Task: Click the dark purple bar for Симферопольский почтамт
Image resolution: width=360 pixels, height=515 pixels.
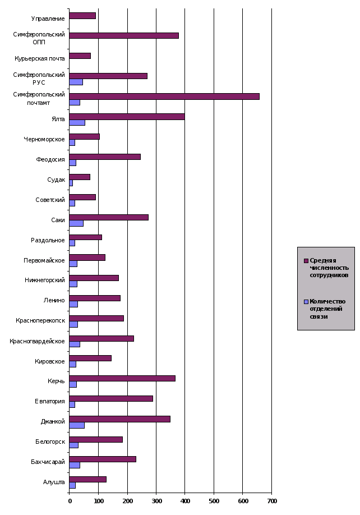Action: (x=164, y=96)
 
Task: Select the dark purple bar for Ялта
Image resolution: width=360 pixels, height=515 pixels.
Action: (x=127, y=117)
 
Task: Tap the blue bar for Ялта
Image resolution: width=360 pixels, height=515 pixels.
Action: (x=77, y=123)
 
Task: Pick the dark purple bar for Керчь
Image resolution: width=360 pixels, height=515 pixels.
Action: (x=122, y=378)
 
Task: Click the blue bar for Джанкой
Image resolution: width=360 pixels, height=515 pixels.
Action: (x=76, y=425)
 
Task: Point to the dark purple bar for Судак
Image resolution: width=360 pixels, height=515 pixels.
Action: (x=79, y=177)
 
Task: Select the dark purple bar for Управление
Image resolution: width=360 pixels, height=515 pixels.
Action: (x=82, y=16)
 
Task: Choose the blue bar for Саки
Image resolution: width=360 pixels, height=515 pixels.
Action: (x=76, y=223)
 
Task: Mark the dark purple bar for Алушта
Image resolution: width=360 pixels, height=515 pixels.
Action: (x=87, y=479)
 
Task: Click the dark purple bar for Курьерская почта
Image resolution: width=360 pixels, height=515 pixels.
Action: (x=80, y=56)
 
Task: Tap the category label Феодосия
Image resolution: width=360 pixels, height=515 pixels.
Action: (x=51, y=159)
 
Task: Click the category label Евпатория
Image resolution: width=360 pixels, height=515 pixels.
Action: (x=51, y=402)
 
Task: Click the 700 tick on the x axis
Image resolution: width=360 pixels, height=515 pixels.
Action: (x=271, y=500)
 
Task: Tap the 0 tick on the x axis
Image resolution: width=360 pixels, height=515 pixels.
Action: (x=70, y=500)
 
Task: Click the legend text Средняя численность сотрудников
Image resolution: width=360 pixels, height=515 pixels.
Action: (x=329, y=268)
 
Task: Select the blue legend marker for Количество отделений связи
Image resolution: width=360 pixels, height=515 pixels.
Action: (x=306, y=302)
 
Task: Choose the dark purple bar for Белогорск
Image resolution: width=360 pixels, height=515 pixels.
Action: (x=95, y=439)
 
